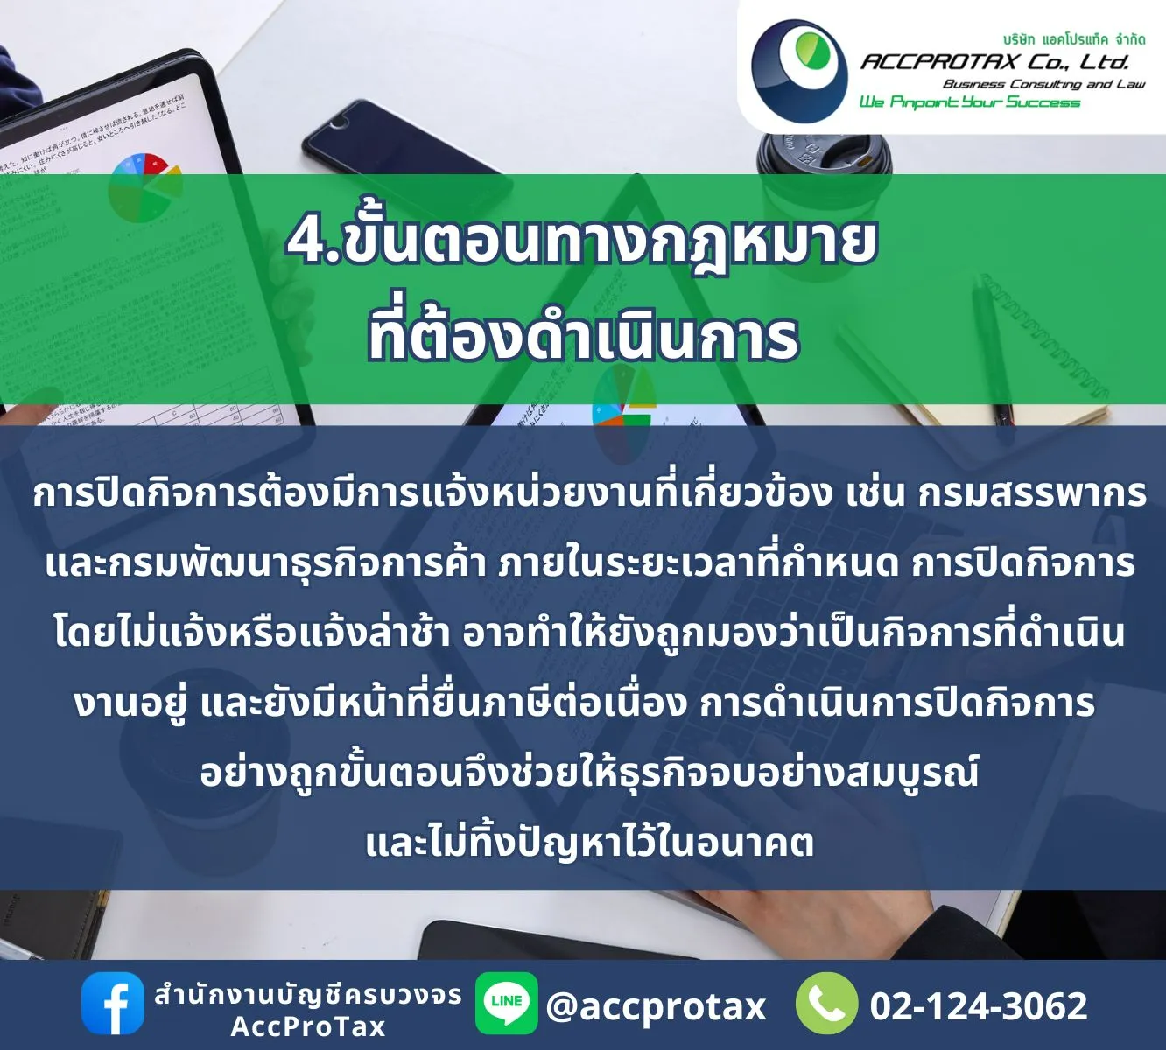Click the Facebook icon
(x=113, y=1004)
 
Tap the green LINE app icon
(x=506, y=1003)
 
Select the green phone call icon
(x=826, y=1004)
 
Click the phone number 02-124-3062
(x=978, y=1006)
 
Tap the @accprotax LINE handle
(x=656, y=1006)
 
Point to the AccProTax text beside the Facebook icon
(x=308, y=1026)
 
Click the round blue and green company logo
(x=798, y=70)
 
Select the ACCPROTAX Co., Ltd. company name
(x=994, y=61)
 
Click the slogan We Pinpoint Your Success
(x=969, y=102)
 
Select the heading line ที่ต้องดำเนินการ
(x=583, y=338)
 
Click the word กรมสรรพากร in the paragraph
(x=1032, y=493)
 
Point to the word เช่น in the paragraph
(x=874, y=493)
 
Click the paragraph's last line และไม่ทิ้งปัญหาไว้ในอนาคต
(x=589, y=843)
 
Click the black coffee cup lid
(x=823, y=153)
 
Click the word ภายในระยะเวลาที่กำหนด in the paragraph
(x=699, y=563)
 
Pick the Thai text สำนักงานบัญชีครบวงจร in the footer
(x=308, y=995)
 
